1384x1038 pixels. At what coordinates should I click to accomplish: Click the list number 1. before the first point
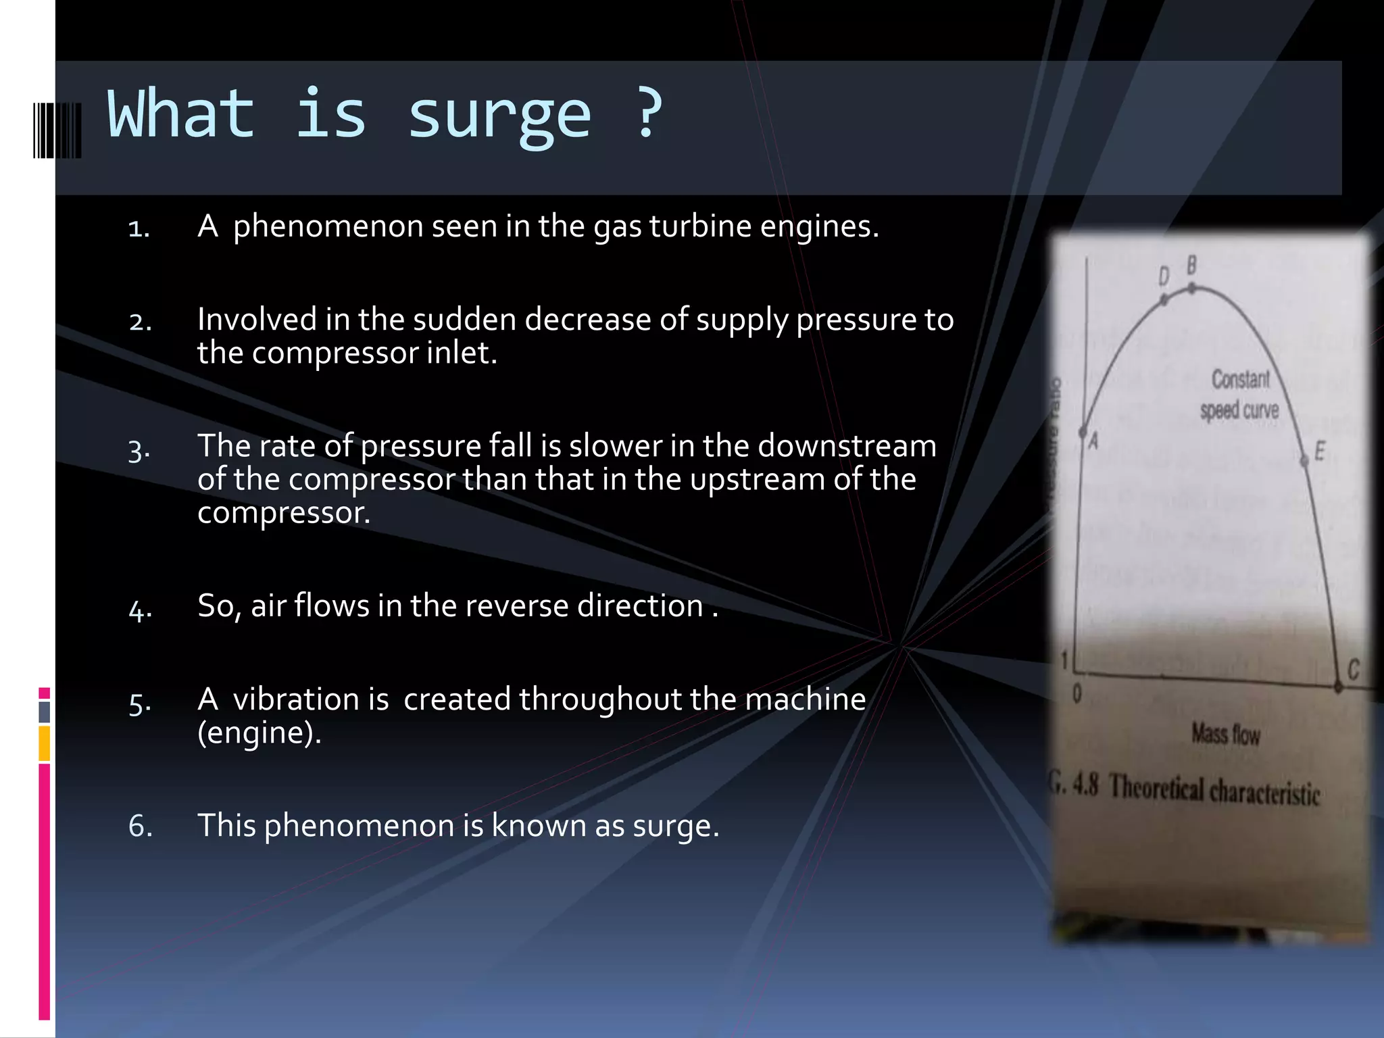coord(139,228)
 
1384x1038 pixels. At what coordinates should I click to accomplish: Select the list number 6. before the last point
coord(140,826)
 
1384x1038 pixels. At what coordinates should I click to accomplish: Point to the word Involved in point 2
coord(257,319)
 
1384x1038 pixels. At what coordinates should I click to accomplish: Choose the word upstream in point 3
coord(756,479)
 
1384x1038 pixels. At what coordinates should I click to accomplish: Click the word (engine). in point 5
coord(259,732)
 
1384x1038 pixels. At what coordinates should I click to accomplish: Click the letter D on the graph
coord(1164,276)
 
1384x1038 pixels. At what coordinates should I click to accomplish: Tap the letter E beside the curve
coord(1319,451)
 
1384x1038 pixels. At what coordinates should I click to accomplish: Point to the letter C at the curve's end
coord(1353,670)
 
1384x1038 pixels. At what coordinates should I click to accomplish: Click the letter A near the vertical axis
coord(1093,441)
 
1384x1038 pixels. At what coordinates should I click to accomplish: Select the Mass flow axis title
coord(1225,733)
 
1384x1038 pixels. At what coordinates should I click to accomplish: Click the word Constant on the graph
coord(1240,379)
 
